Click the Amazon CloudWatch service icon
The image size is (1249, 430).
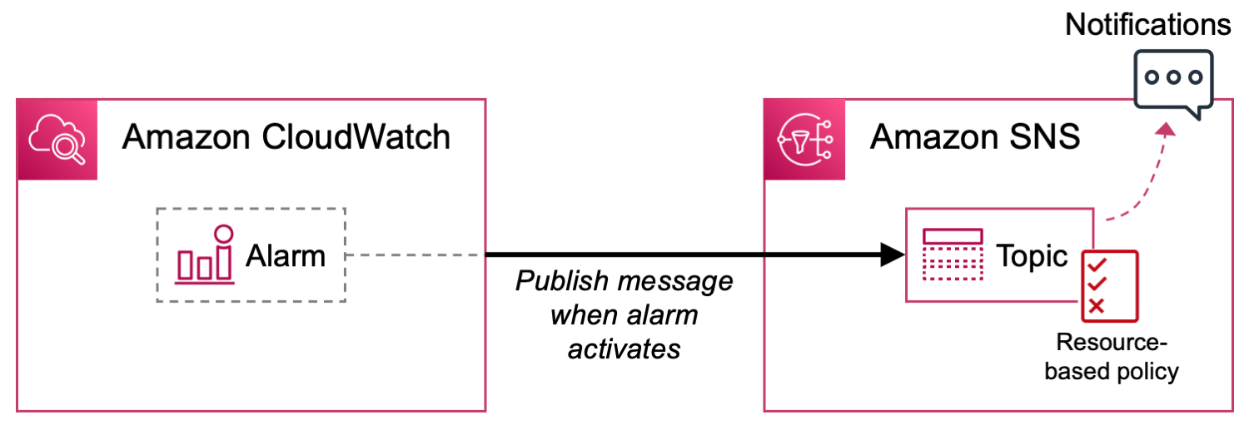57,140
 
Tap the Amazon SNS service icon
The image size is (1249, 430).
804,140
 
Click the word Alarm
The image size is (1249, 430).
285,256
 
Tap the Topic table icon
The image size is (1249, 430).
953,255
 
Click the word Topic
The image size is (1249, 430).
1032,256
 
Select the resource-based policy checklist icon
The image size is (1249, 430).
1109,285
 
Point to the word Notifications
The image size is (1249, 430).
1147,25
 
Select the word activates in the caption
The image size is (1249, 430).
624,348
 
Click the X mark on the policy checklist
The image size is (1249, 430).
1097,306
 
